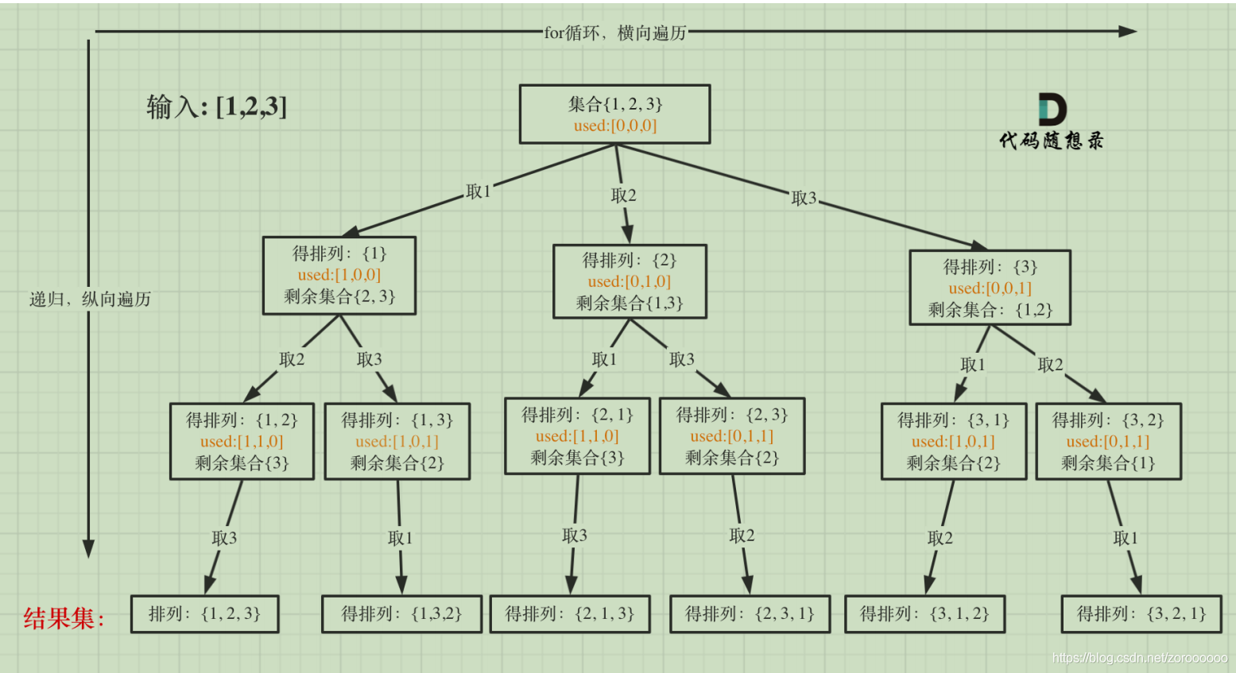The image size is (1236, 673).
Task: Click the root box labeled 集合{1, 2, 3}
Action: coord(614,114)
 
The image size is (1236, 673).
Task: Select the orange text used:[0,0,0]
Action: coord(615,126)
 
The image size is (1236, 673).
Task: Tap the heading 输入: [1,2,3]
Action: coord(216,106)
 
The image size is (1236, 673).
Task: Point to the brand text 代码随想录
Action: coord(1051,141)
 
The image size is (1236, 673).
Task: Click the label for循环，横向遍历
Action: coord(614,33)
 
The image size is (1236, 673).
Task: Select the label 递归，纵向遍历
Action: coord(90,300)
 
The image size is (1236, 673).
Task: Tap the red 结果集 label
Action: coord(64,618)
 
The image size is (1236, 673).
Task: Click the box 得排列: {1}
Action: coord(339,275)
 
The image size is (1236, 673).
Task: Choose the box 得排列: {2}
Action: coord(630,281)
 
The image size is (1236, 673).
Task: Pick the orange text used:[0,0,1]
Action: coord(990,288)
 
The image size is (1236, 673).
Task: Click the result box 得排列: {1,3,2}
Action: coord(401,613)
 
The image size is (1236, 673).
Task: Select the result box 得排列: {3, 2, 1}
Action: coord(1141,613)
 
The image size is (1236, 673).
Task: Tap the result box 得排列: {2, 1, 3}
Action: coord(570,613)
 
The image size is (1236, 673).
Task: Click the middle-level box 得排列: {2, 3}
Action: coord(732,436)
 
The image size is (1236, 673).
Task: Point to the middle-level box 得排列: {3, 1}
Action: coord(953,441)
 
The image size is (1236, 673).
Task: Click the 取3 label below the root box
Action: coord(804,198)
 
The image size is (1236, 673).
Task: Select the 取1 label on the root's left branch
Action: coord(479,191)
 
